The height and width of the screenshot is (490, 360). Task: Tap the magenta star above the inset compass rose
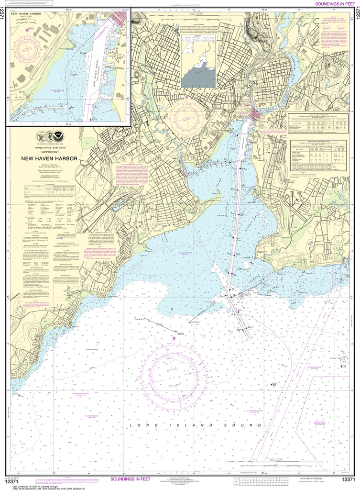click(x=27, y=30)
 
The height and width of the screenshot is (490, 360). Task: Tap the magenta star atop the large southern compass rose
click(x=174, y=338)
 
